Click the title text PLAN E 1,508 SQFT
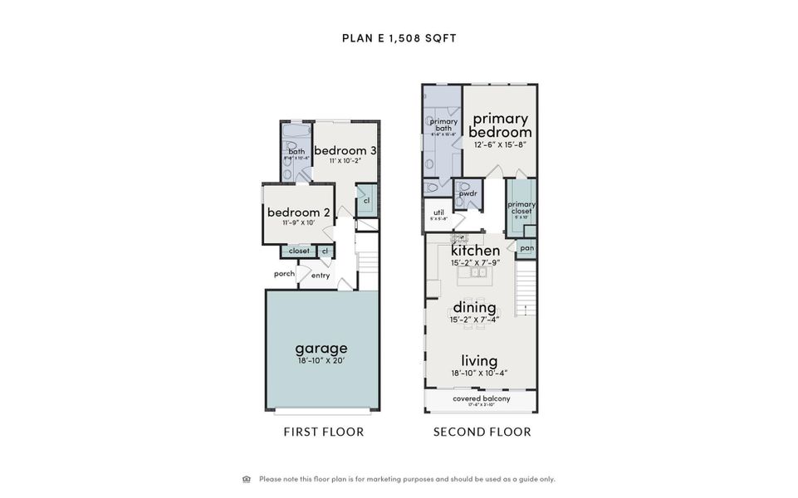399,37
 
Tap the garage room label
321,348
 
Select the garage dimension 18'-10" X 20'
321,361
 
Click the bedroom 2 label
299,212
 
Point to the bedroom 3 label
345,150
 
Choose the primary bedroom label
501,125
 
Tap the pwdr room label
468,193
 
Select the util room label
439,212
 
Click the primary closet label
521,207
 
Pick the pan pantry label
526,248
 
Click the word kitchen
475,250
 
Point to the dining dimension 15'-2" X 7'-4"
475,320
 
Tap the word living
480,360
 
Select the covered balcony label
482,399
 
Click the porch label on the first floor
285,274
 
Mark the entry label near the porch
321,276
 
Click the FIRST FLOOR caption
324,432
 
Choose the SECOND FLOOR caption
482,432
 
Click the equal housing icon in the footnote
247,479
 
